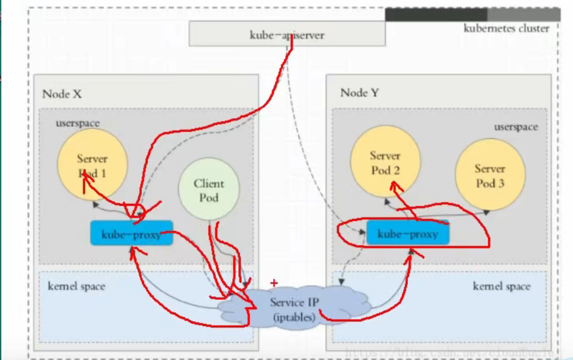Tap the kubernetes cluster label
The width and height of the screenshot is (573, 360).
click(506, 28)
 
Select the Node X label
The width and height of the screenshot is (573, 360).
click(62, 94)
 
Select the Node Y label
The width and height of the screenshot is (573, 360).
click(359, 93)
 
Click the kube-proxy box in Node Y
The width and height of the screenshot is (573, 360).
click(407, 234)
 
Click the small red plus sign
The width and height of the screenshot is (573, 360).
click(274, 283)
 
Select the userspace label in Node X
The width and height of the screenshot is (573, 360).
click(77, 123)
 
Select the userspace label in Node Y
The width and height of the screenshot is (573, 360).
click(515, 127)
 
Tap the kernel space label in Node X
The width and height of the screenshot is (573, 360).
click(76, 286)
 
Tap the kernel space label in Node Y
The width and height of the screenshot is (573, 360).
click(501, 286)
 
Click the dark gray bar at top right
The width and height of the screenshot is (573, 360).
click(436, 15)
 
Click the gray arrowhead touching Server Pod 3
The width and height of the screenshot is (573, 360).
click(486, 212)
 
